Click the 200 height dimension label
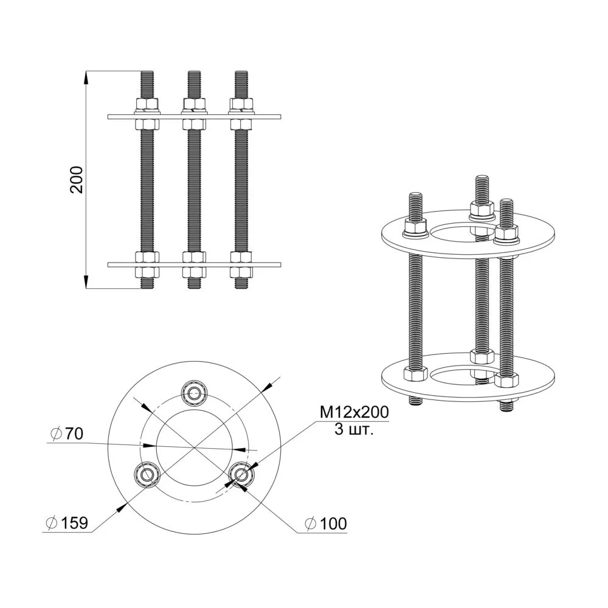[x=77, y=179]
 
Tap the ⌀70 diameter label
[x=67, y=434]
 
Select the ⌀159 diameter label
[x=67, y=523]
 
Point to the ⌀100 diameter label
[x=326, y=523]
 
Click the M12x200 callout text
[x=354, y=413]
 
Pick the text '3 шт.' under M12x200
[x=354, y=429]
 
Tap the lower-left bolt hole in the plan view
[x=147, y=474]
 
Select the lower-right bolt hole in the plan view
[x=240, y=474]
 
